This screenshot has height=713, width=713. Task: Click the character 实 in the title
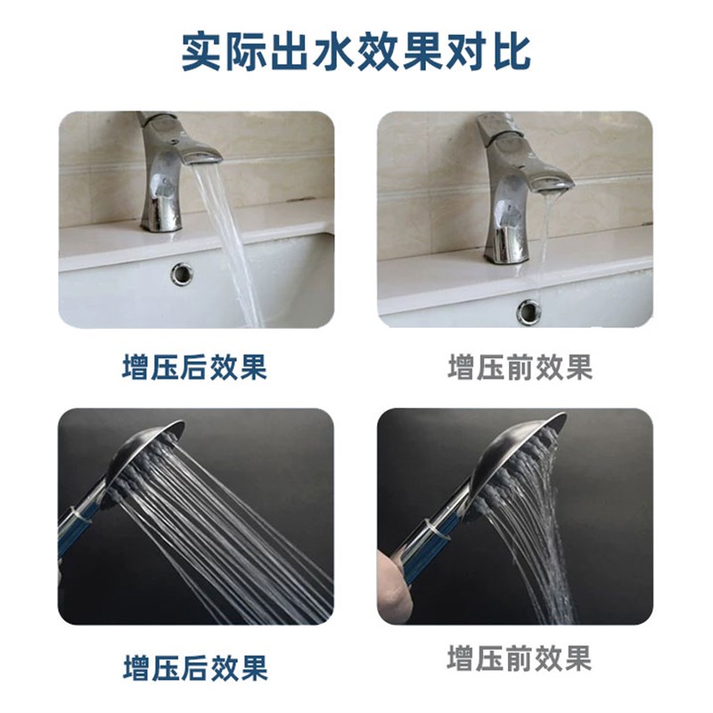pos(203,52)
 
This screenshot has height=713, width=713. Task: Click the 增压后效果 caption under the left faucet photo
pos(194,367)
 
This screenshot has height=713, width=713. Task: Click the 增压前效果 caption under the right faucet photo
pos(520,367)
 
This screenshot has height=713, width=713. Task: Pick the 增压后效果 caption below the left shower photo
pos(194,667)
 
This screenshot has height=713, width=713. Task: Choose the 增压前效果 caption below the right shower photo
pos(520,660)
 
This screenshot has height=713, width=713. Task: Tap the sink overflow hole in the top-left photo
pos(182,274)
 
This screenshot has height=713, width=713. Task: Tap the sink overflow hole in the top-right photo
pos(529,311)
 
